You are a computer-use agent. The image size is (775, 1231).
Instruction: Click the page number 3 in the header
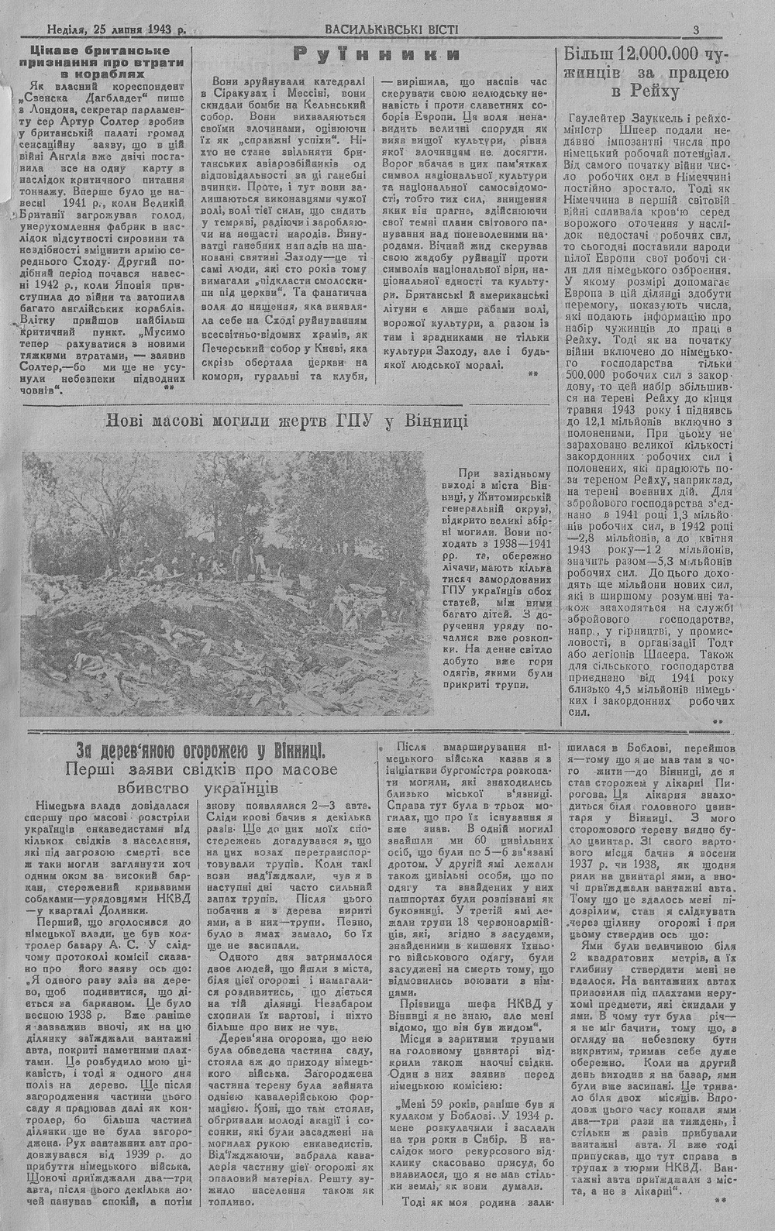[697, 29]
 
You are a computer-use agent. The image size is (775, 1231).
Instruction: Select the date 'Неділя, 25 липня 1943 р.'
[116, 30]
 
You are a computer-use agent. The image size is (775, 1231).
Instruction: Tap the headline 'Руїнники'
[377, 54]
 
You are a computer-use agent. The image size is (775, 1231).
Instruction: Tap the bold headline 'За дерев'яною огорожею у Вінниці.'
[201, 751]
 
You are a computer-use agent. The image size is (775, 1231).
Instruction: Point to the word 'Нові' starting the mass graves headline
[126, 421]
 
